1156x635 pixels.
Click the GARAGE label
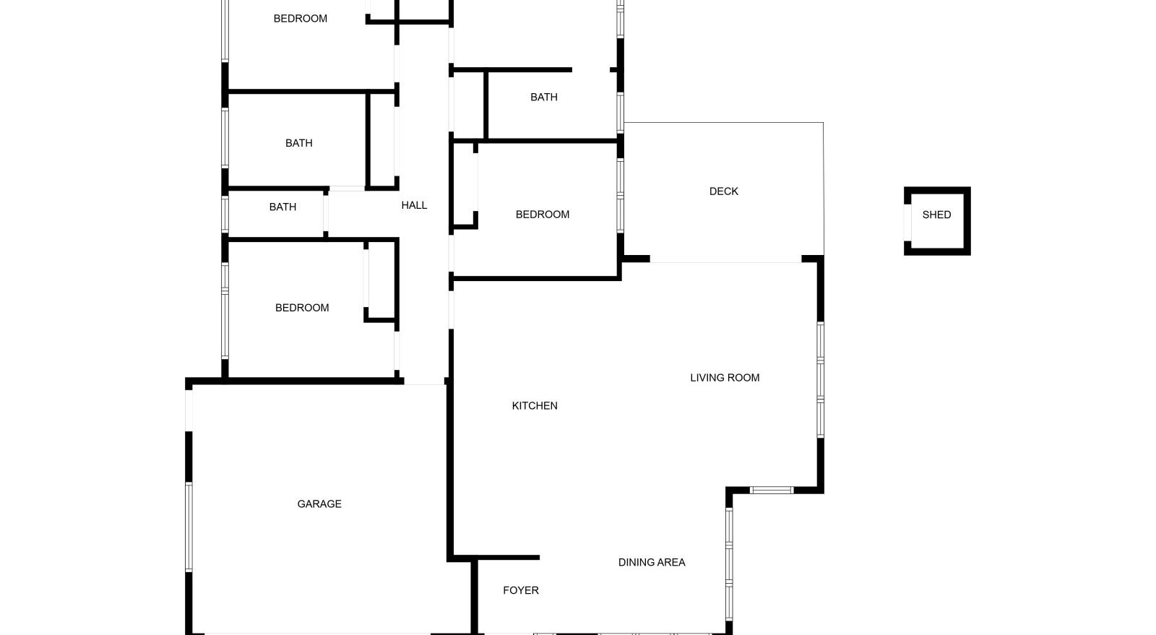319,504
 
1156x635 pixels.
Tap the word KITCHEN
535,406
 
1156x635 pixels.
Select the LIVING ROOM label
725,378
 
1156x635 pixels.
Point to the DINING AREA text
652,562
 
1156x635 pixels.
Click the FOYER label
521,590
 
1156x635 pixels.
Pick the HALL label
414,205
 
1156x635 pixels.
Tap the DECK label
723,191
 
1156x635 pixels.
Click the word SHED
936,215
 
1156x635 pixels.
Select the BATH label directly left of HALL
282,207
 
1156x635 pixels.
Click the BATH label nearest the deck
544,97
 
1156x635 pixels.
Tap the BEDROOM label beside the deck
543,215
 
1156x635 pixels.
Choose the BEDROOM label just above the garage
302,308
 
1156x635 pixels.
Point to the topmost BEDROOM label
301,19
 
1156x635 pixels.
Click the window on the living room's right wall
820,380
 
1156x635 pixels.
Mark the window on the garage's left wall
189,527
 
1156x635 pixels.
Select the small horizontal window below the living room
772,490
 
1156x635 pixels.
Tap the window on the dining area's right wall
729,564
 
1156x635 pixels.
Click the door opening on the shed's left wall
907,223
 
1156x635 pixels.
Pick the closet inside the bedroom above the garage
381,280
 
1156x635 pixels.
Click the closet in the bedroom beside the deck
463,184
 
